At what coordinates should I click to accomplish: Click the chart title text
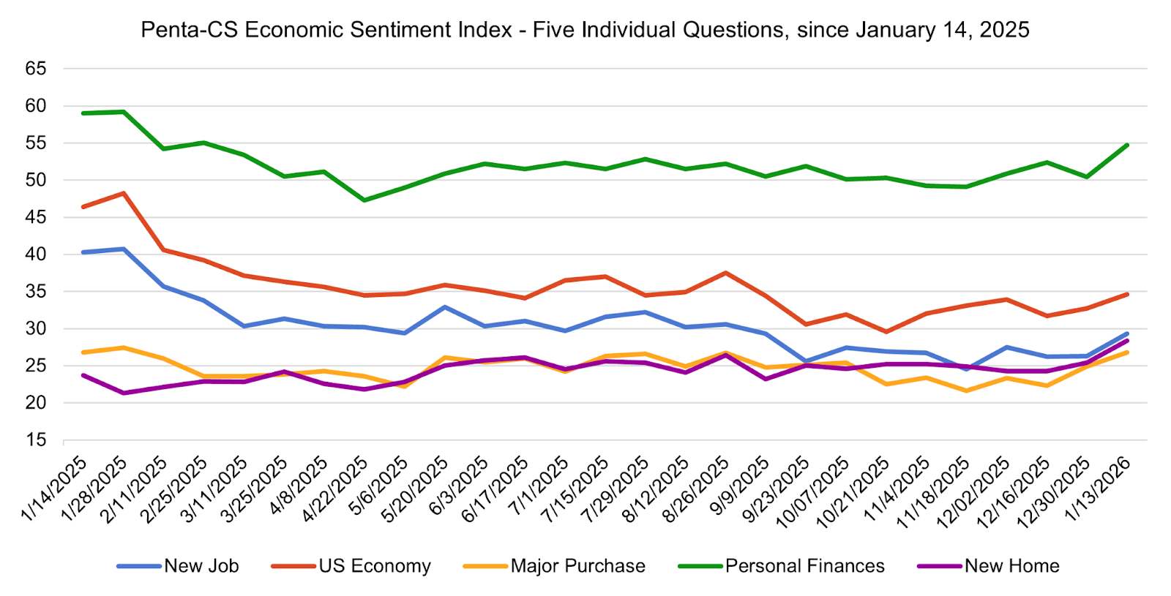(x=585, y=30)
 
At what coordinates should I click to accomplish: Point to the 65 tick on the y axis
(x=36, y=69)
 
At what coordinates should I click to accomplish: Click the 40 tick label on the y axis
(x=36, y=254)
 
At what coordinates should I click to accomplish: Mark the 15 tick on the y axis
(x=36, y=440)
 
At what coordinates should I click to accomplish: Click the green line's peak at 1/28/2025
(x=124, y=112)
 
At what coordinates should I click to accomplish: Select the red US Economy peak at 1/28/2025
(x=124, y=193)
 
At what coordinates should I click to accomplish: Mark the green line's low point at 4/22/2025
(x=364, y=200)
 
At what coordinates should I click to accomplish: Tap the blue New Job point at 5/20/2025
(x=445, y=307)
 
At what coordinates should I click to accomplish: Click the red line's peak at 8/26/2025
(x=725, y=273)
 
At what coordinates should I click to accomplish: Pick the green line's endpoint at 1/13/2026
(x=1127, y=145)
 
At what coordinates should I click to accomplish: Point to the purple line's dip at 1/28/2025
(x=124, y=393)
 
